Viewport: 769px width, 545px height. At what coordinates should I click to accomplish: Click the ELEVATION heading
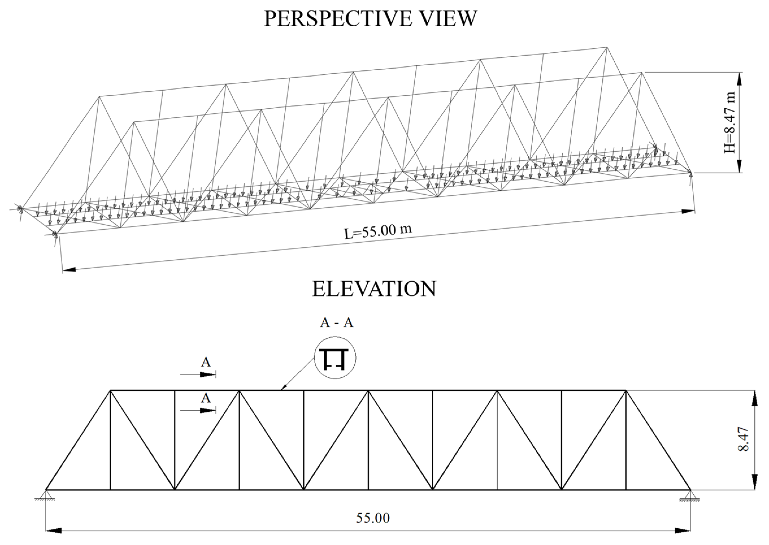click(374, 289)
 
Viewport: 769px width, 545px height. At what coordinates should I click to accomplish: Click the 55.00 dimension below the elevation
click(373, 518)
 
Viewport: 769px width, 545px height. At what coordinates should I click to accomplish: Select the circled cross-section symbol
click(335, 358)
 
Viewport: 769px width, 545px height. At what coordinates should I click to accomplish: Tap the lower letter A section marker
click(206, 398)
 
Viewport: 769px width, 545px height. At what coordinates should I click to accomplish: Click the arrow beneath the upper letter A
click(206, 374)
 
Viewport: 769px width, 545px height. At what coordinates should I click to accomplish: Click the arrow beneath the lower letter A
click(206, 410)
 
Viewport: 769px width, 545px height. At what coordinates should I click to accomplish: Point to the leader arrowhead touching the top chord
click(284, 388)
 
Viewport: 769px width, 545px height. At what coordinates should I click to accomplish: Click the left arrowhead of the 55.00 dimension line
click(54, 531)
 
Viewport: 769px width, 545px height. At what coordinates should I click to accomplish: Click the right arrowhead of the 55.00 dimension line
click(683, 531)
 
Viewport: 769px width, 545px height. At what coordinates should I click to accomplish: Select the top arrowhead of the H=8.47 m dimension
click(739, 79)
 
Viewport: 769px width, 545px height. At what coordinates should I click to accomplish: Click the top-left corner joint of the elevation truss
click(111, 390)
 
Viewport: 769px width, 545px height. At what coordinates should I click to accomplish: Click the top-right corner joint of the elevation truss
click(626, 390)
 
